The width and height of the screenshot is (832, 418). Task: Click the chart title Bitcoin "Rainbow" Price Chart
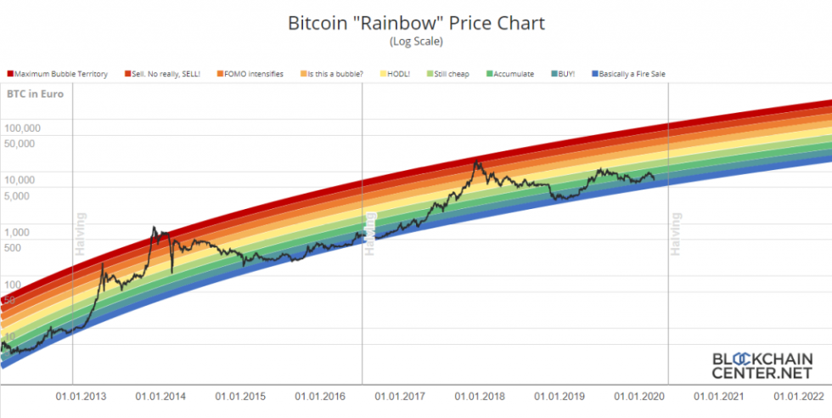click(x=415, y=23)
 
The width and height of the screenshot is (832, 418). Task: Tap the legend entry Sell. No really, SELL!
click(x=166, y=75)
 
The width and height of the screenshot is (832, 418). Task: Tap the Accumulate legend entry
click(x=510, y=75)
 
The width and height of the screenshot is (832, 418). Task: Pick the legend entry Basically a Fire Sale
click(x=627, y=75)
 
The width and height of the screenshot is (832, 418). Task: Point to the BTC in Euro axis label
click(x=30, y=96)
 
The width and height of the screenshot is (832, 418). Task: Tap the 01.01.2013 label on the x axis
click(x=82, y=396)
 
